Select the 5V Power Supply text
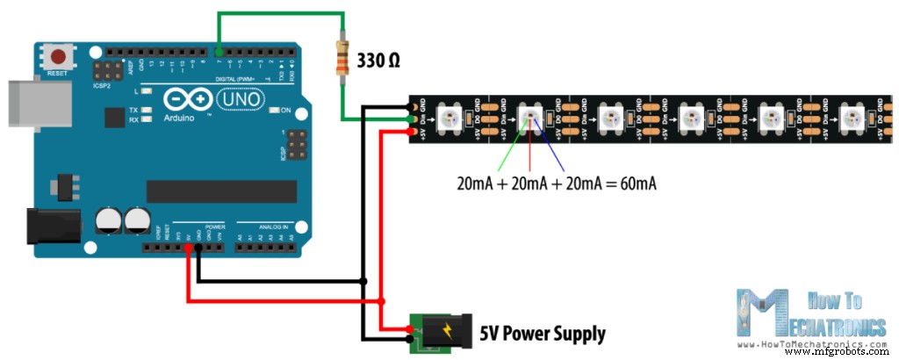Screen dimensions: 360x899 pyautogui.click(x=542, y=334)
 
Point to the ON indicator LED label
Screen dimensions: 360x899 pyautogui.click(x=285, y=110)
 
